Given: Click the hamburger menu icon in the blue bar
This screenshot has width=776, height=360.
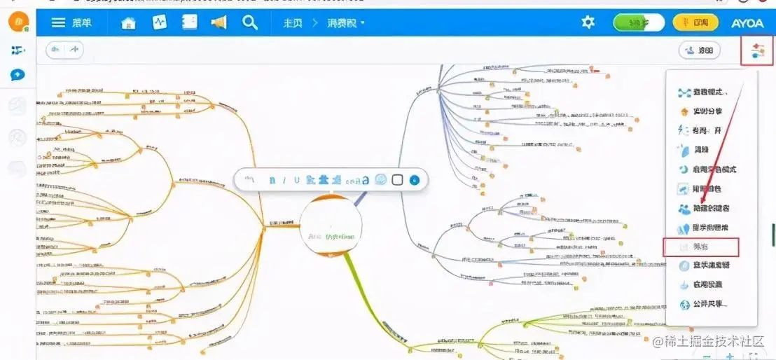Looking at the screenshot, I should pos(58,22).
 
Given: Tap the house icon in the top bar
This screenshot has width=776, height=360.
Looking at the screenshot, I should pos(128,22).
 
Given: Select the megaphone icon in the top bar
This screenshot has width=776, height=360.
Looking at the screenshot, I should pos(219,22).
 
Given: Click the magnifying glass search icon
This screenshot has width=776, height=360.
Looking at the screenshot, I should pos(250,22).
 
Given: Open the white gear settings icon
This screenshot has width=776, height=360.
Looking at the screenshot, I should pos(588,22).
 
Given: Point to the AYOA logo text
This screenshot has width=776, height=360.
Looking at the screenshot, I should pos(747,23).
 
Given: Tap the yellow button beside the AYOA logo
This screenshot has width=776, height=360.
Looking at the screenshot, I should pos(695,22).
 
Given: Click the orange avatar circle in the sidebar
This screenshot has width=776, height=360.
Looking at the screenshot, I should pos(18,21).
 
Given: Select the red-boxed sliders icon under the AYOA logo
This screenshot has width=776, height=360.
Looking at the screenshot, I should pos(757,50).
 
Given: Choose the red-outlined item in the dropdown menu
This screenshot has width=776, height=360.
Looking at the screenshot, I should pos(701,247).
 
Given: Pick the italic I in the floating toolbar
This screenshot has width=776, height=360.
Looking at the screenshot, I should pos(284,180).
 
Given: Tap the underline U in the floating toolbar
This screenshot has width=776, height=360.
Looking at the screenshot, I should pos(297,180).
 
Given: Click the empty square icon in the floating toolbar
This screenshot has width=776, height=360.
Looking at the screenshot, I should pos(397,180).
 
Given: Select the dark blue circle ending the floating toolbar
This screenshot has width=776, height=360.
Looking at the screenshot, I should pos(415,180).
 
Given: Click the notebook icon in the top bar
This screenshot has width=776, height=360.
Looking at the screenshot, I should pos(189,22).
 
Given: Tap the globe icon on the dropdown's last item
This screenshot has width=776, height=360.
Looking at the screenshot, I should pos(685,305).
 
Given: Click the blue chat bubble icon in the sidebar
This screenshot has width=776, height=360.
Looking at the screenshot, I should pos(18,75).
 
